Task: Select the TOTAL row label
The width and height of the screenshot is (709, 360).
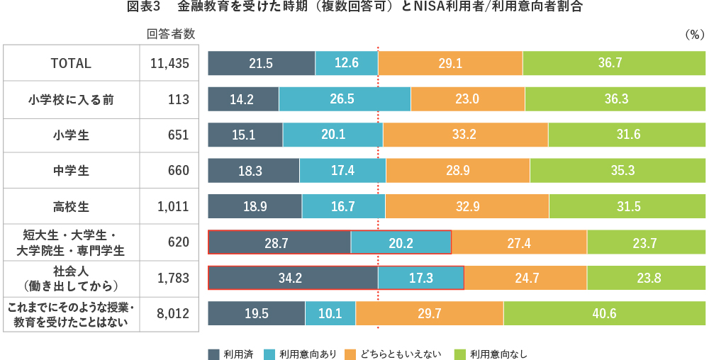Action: click(71, 63)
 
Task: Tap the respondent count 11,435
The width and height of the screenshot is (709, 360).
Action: click(169, 63)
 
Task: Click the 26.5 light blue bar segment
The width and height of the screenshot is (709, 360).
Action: click(345, 99)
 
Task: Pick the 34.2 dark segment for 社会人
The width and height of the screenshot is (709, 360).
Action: click(292, 278)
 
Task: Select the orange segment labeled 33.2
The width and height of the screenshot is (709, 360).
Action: click(465, 135)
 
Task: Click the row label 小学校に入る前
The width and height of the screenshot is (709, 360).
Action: click(71, 99)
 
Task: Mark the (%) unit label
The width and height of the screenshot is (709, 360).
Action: click(693, 33)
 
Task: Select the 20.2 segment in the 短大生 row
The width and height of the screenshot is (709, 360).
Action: click(401, 242)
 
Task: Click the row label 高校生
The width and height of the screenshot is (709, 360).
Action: click(71, 206)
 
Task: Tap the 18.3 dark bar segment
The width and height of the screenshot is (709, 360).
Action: click(253, 171)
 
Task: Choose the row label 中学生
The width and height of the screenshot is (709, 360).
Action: click(71, 171)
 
